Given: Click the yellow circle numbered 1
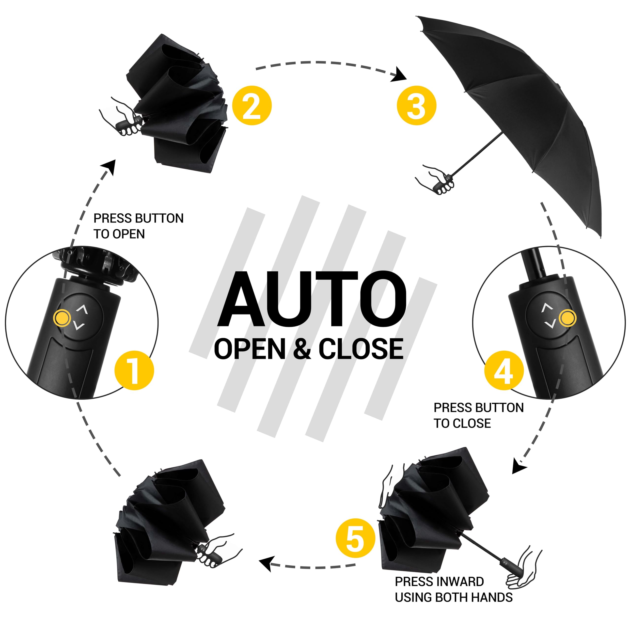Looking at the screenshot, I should [x=134, y=370].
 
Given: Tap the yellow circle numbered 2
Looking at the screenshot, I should [x=252, y=105].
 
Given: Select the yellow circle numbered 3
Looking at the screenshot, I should [x=416, y=105].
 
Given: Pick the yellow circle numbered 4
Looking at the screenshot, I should [x=504, y=370].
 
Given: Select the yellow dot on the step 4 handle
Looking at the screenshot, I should [x=567, y=318].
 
